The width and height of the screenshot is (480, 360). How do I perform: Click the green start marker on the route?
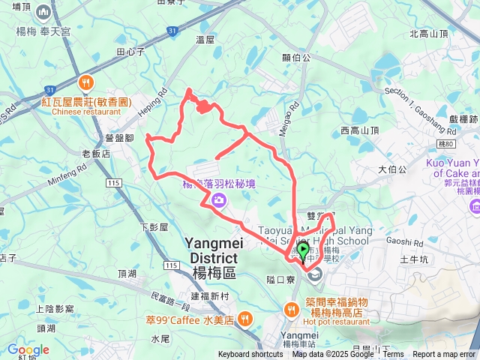coord(303,252)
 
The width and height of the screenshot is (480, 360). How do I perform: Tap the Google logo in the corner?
coord(28,349)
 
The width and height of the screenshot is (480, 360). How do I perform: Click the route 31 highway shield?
coord(173,31)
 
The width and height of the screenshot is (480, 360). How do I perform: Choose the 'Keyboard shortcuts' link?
coord(250,355)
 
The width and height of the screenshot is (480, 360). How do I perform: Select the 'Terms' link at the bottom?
coord(394,355)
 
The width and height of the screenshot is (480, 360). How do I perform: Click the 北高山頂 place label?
coord(429,34)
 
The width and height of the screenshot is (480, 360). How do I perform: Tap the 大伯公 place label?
coord(392,169)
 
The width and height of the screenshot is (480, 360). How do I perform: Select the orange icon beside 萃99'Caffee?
coord(243,319)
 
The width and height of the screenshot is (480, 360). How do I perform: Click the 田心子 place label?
coord(130,52)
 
